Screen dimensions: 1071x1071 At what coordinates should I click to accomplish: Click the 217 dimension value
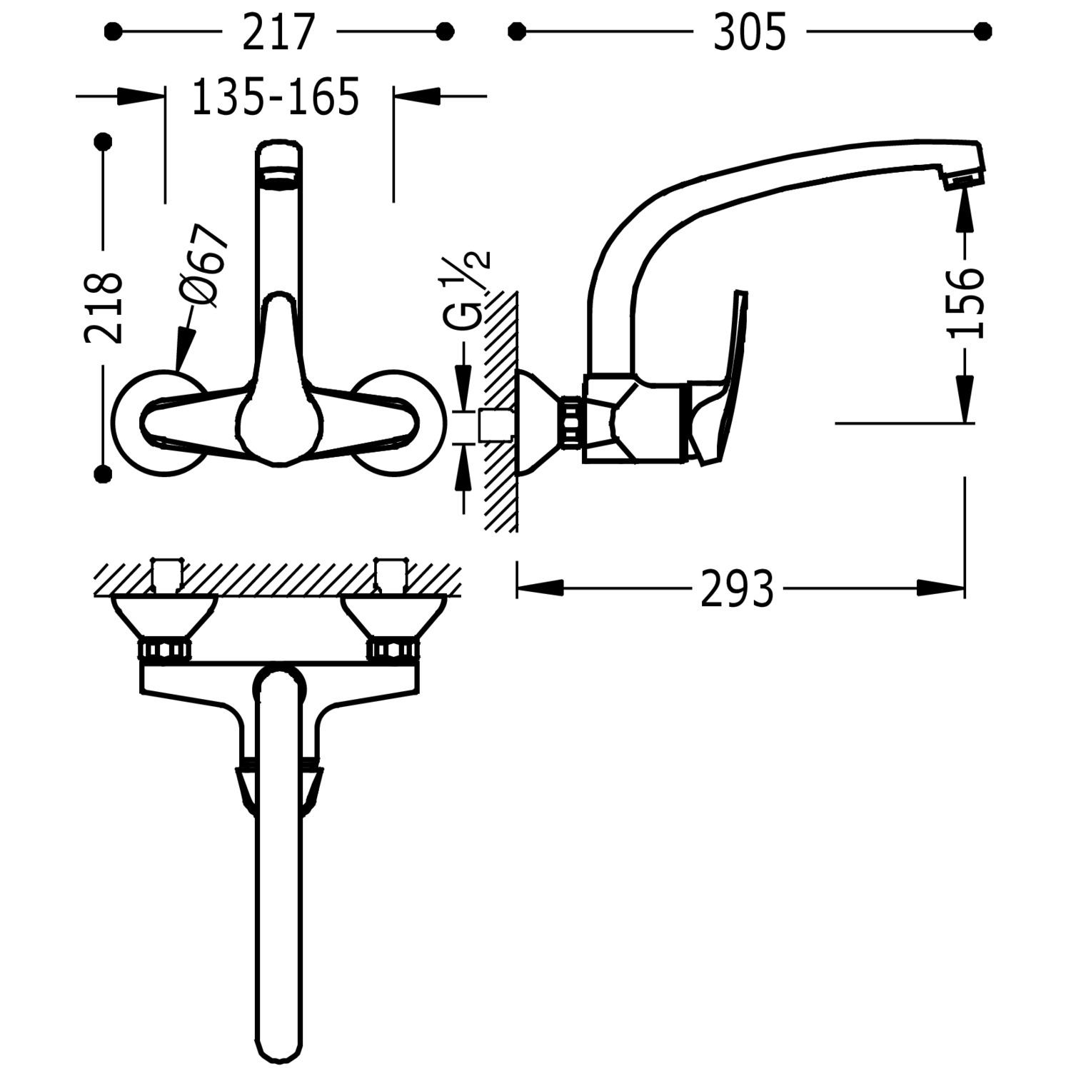coord(278,33)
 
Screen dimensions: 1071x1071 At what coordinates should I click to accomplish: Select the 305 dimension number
coord(750,33)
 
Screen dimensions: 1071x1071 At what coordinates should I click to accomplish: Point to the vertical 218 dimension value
coord(104,307)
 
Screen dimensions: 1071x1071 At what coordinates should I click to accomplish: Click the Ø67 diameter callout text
coord(203,266)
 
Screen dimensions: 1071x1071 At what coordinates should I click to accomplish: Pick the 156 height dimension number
coord(965,302)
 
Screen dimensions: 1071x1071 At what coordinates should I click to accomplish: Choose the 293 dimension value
coord(738,589)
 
